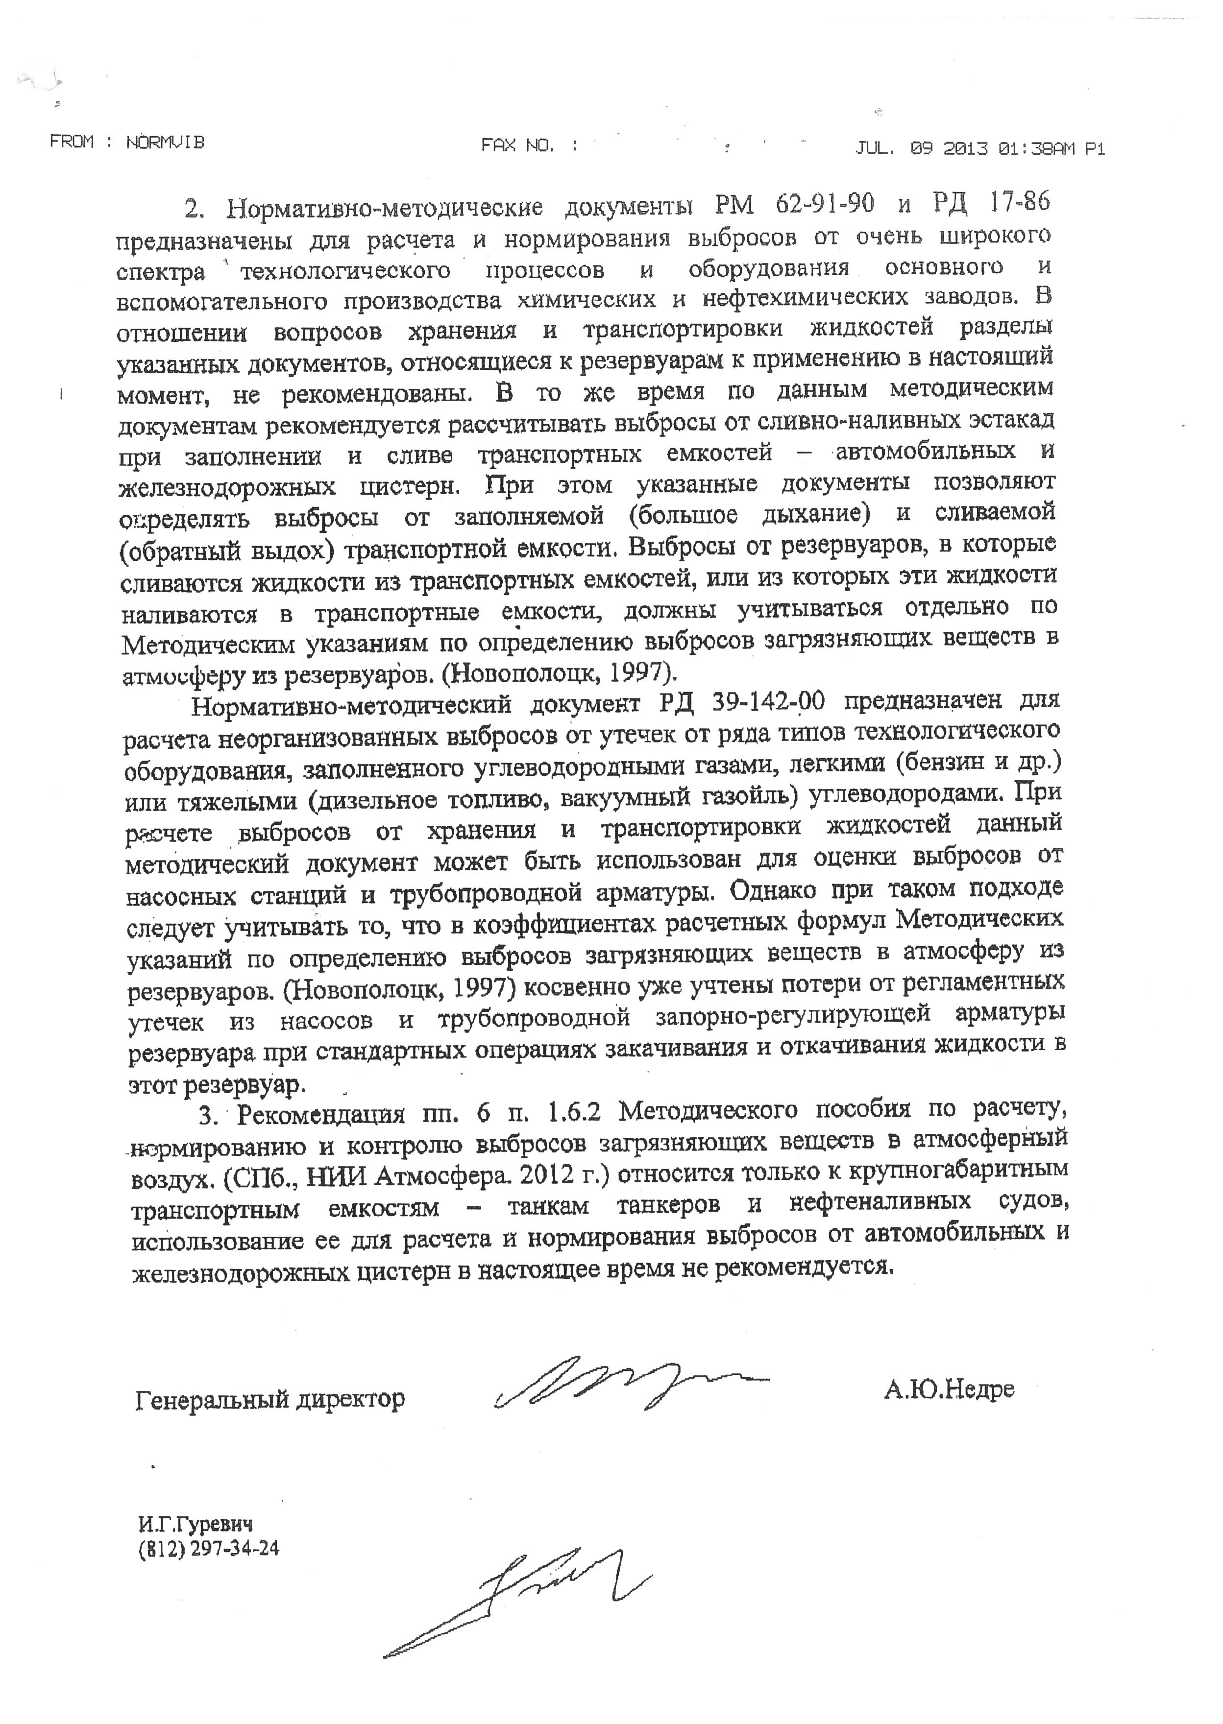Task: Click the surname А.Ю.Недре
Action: (x=949, y=1388)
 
